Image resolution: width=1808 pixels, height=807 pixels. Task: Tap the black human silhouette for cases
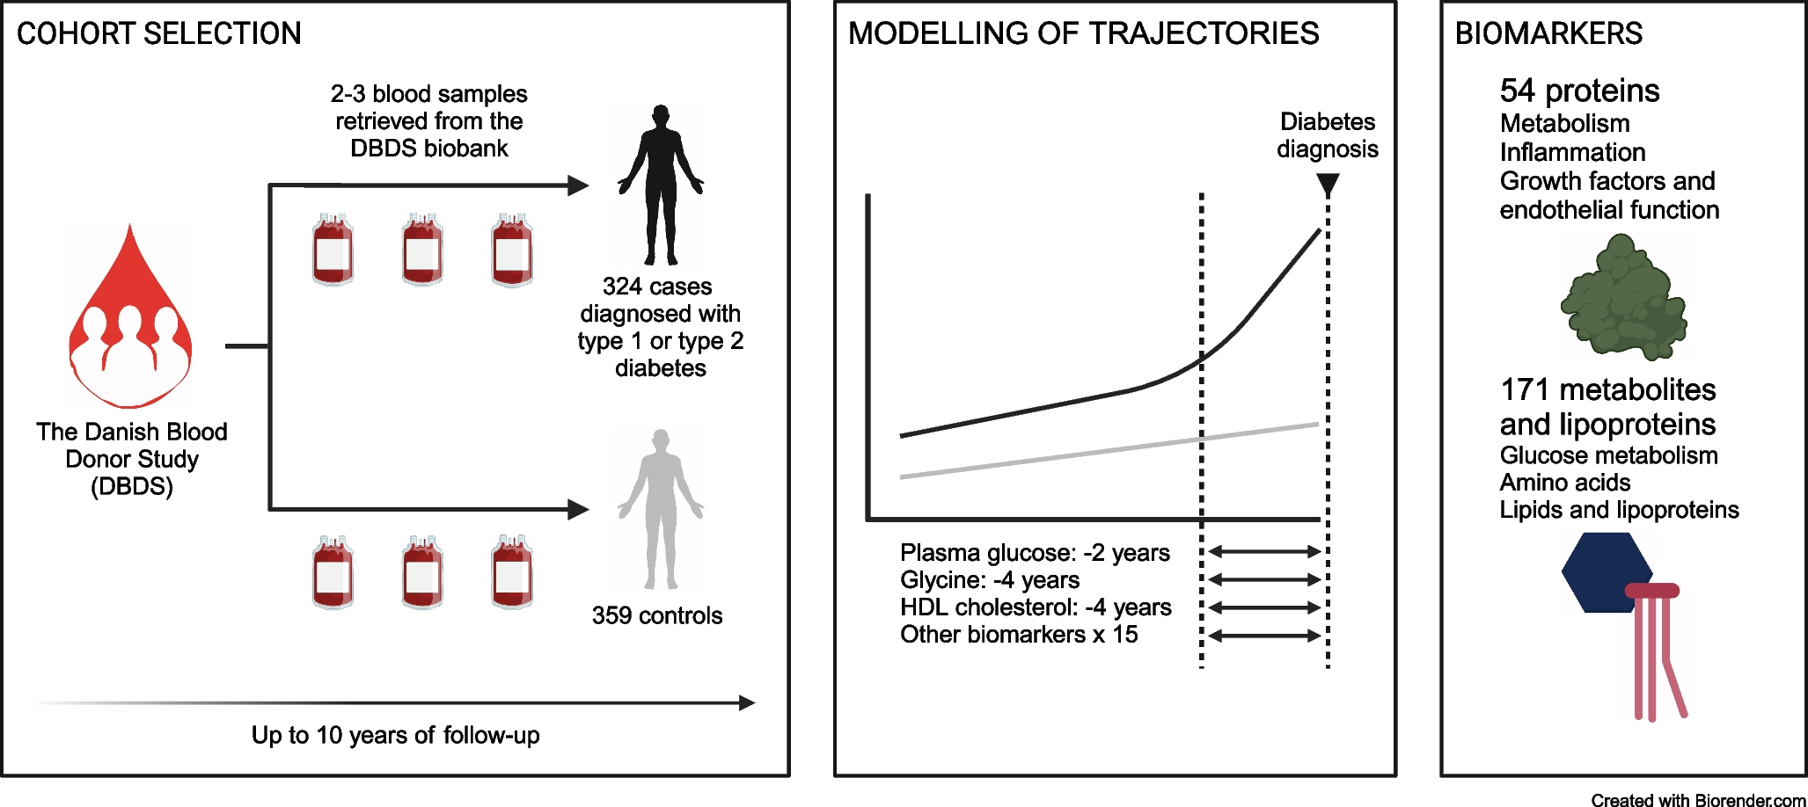point(661,185)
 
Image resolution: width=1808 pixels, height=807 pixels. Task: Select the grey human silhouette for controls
point(661,508)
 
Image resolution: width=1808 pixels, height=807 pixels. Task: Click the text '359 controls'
point(657,615)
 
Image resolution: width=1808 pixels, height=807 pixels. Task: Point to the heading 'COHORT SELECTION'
point(159,33)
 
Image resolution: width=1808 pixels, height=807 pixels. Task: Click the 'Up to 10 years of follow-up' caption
point(395,735)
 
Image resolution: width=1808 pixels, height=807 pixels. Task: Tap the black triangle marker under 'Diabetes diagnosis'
point(1328,185)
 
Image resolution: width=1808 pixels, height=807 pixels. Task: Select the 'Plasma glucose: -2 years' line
point(1035,553)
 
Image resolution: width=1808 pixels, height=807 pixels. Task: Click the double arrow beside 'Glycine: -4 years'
point(1265,579)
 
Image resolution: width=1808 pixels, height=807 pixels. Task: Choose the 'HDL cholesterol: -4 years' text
point(1036,607)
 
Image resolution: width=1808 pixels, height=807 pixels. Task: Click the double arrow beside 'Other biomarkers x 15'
point(1265,635)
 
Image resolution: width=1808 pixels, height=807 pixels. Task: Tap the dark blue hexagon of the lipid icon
point(1607,572)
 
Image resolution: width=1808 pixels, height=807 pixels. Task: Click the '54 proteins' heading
point(1579,91)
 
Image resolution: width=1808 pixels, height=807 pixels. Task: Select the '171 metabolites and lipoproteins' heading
point(1607,407)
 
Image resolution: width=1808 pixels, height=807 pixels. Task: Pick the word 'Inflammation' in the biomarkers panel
point(1572,152)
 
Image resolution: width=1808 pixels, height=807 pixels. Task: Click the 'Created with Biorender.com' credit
point(1698,800)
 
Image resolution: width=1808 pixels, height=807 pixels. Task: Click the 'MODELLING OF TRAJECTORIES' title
point(1083,33)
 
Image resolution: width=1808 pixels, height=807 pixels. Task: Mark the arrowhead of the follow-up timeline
point(747,702)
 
